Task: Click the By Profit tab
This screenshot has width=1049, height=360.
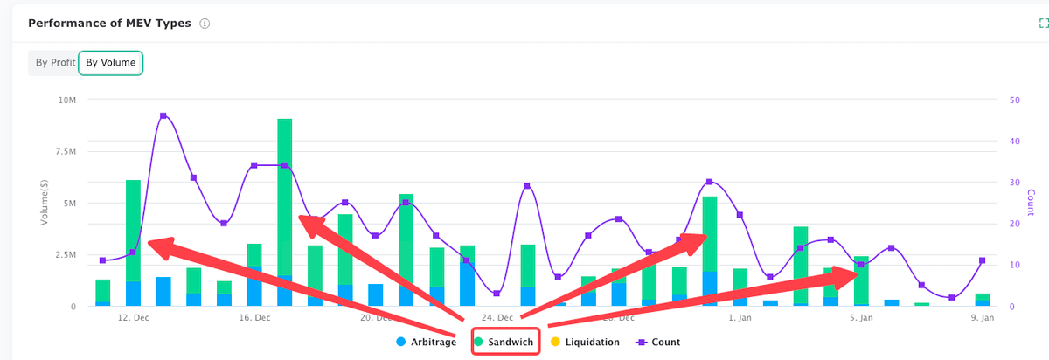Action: (x=54, y=63)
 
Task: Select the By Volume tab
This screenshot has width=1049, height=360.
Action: (x=110, y=63)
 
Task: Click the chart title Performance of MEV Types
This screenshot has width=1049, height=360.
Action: (x=109, y=24)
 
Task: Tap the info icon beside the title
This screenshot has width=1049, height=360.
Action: (x=205, y=24)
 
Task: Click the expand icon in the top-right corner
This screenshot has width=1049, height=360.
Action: (x=1041, y=24)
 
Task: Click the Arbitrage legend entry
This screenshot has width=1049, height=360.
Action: (x=427, y=343)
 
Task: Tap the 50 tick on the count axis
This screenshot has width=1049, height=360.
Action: (x=1013, y=100)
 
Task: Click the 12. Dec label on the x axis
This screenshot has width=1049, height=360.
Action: (x=133, y=318)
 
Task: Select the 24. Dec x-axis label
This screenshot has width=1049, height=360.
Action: (x=497, y=318)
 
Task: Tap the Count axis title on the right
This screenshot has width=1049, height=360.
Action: (x=1031, y=203)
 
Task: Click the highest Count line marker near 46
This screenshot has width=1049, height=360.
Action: (x=163, y=116)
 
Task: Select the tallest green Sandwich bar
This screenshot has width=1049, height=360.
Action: (x=285, y=197)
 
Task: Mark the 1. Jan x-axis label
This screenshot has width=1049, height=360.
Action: (x=740, y=318)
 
